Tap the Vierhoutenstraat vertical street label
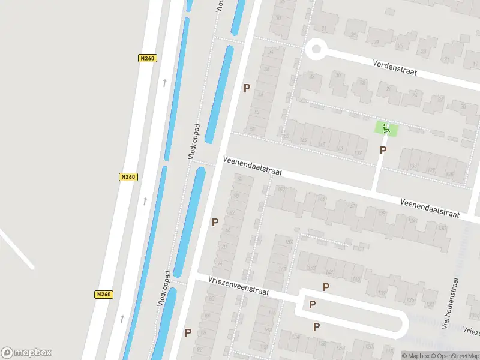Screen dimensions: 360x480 (450, 303)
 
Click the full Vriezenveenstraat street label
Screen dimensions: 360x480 (239, 285)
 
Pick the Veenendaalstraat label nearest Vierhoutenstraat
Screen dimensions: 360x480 (430, 207)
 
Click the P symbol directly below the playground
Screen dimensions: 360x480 (383, 151)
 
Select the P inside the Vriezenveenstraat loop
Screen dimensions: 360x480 (312, 305)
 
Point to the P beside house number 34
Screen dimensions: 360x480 (246, 88)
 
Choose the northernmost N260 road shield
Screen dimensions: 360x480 (146, 58)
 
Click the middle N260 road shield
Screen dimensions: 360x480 (128, 177)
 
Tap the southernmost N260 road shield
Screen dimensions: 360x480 (104, 295)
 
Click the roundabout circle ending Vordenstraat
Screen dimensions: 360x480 (315, 49)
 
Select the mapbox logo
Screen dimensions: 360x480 (26, 352)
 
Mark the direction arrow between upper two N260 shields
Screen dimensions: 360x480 (164, 83)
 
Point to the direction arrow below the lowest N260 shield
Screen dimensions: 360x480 (122, 319)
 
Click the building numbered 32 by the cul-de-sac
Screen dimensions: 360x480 (311, 76)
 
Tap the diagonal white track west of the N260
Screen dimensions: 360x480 (16, 248)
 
